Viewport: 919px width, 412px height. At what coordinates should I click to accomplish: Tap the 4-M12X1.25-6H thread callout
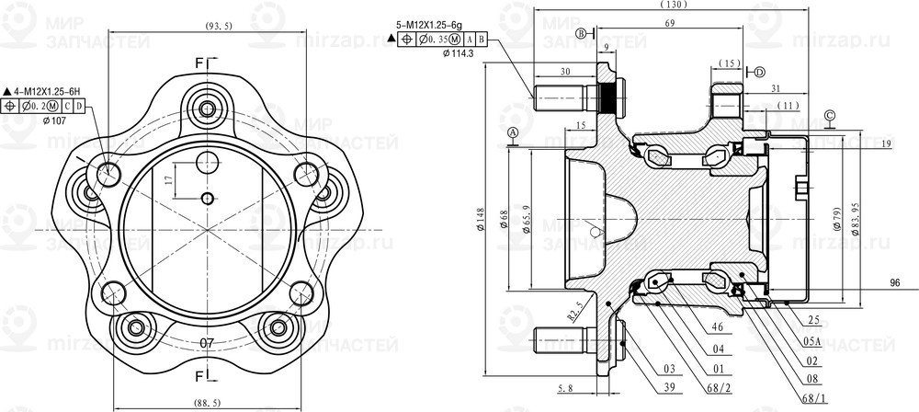(x=47, y=90)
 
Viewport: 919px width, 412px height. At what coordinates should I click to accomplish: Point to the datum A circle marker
(x=512, y=133)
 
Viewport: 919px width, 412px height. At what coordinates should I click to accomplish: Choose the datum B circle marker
(x=581, y=34)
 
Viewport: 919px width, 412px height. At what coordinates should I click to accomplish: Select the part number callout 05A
(x=811, y=339)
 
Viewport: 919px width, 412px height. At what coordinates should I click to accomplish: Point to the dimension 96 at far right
(x=895, y=283)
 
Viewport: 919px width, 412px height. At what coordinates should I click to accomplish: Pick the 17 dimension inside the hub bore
(x=168, y=180)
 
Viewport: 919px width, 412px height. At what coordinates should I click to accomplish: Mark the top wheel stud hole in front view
(x=207, y=108)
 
